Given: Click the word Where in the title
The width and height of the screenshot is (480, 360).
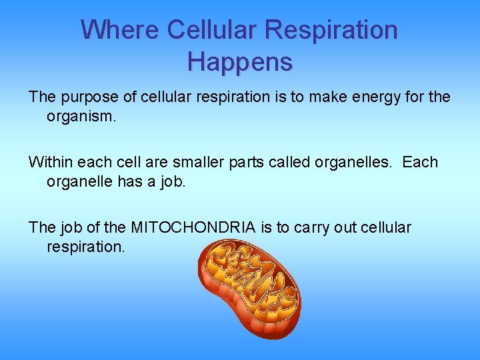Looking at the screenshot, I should click(x=119, y=30).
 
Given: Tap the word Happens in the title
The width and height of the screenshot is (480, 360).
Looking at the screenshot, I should click(x=240, y=62).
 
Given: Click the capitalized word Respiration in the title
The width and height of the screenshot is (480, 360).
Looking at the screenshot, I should click(x=331, y=30).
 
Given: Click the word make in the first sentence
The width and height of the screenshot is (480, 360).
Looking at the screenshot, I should click(x=317, y=97).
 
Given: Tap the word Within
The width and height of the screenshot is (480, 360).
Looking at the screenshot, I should click(x=51, y=163).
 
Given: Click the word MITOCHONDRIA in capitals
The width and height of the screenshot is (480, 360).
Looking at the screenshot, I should click(x=193, y=228).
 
